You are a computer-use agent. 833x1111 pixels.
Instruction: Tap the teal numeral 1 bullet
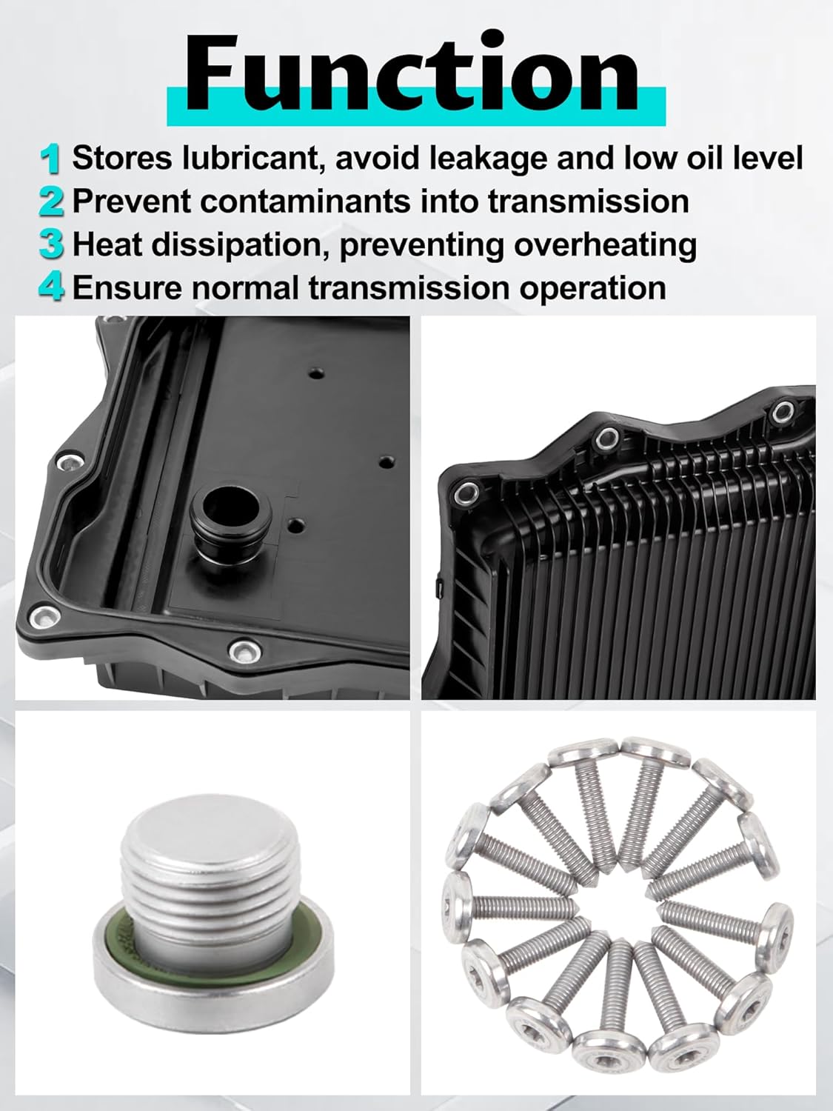click(x=50, y=159)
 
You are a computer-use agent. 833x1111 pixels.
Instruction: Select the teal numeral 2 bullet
click(x=51, y=202)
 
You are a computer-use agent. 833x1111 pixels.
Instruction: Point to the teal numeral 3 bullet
click(x=51, y=245)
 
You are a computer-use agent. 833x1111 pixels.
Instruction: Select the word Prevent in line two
click(x=132, y=201)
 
